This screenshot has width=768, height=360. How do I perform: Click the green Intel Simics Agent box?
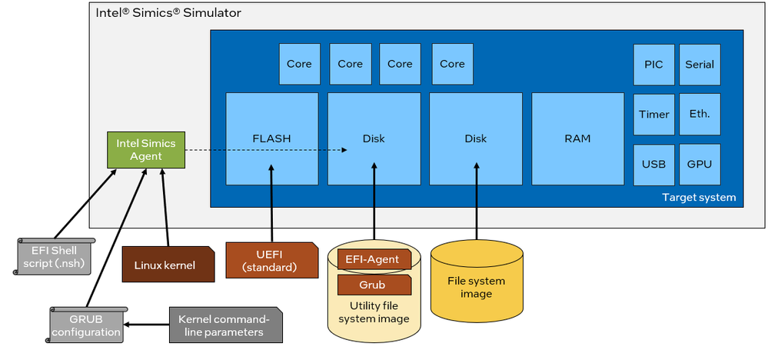[x=146, y=150]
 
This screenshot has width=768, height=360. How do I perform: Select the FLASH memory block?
[x=272, y=138]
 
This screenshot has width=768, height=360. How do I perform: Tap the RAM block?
[x=577, y=138]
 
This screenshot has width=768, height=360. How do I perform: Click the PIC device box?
[x=653, y=65]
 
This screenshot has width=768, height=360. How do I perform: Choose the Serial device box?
[x=700, y=65]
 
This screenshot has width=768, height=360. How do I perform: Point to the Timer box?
[x=653, y=114]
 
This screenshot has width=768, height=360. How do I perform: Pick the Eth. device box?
[x=700, y=114]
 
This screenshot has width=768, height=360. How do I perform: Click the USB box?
[x=653, y=164]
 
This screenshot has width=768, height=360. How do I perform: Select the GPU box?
[x=700, y=164]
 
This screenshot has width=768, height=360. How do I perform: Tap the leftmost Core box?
[x=299, y=64]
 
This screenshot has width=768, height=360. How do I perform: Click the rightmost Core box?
[x=452, y=64]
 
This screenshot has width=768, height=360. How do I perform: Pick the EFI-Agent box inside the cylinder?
[x=374, y=259]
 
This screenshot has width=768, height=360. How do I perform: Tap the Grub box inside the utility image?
[x=374, y=285]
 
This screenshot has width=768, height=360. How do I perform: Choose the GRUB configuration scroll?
[x=85, y=326]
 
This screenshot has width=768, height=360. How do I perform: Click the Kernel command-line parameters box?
[x=224, y=326]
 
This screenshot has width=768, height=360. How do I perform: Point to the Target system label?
[x=698, y=198]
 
